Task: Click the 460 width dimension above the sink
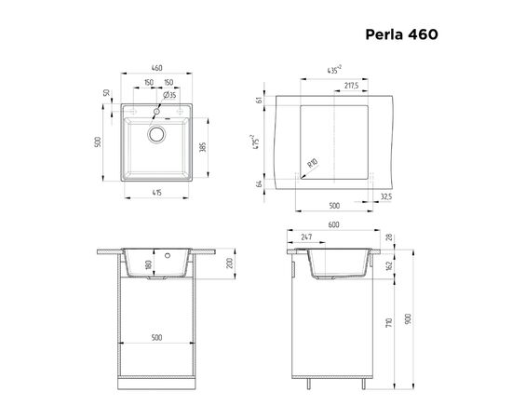(x=157, y=68)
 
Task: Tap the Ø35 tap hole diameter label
(x=171, y=95)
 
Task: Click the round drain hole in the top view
(x=156, y=134)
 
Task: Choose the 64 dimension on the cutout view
(x=259, y=183)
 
